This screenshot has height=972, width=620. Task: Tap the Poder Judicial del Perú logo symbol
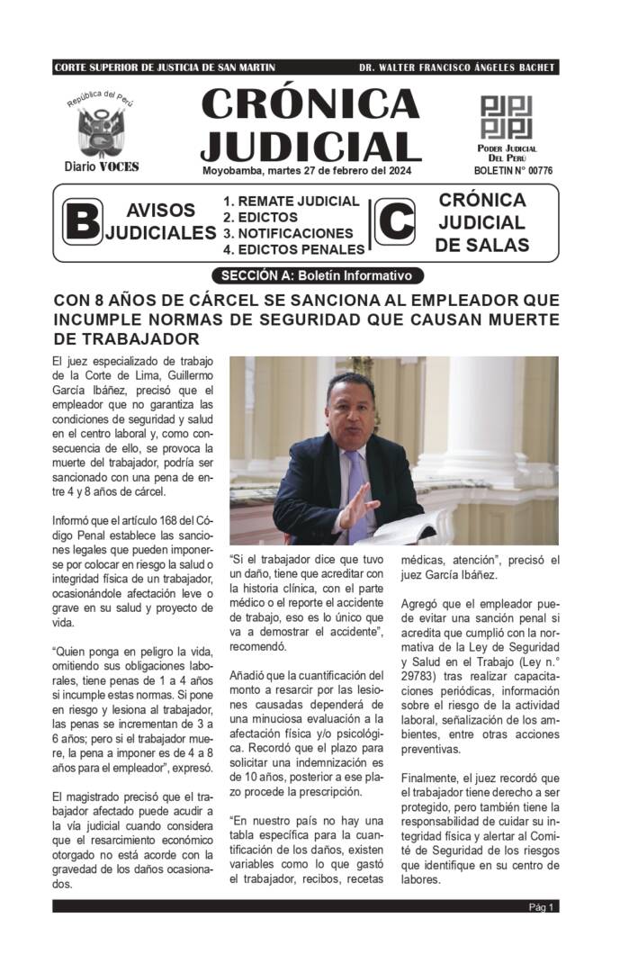tap(507, 117)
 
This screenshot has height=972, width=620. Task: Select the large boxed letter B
tap(82, 221)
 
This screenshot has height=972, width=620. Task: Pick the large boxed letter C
tap(394, 221)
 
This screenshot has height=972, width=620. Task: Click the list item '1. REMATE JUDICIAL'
tap(292, 202)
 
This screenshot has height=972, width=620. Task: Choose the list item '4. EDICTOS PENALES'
tap(293, 249)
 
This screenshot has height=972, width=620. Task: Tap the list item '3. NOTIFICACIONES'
tap(288, 233)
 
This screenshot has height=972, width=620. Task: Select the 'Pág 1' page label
tap(542, 906)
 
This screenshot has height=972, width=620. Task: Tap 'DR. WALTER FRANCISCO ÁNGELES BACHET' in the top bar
tap(456, 67)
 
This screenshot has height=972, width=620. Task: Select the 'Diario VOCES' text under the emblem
tap(102, 166)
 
